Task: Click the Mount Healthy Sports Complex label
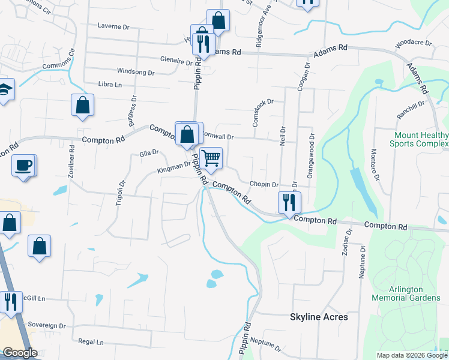[419, 139]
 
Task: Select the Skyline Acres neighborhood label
[319, 317]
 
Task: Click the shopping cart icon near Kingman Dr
[211, 158]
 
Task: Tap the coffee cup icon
[24, 165]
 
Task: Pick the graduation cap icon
[5, 90]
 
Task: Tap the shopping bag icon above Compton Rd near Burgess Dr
[83, 105]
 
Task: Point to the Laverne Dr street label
[113, 26]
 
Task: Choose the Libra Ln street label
[110, 85]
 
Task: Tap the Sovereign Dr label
[46, 325]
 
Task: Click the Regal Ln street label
[91, 342]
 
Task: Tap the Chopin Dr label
[265, 185]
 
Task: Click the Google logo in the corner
[20, 353]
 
